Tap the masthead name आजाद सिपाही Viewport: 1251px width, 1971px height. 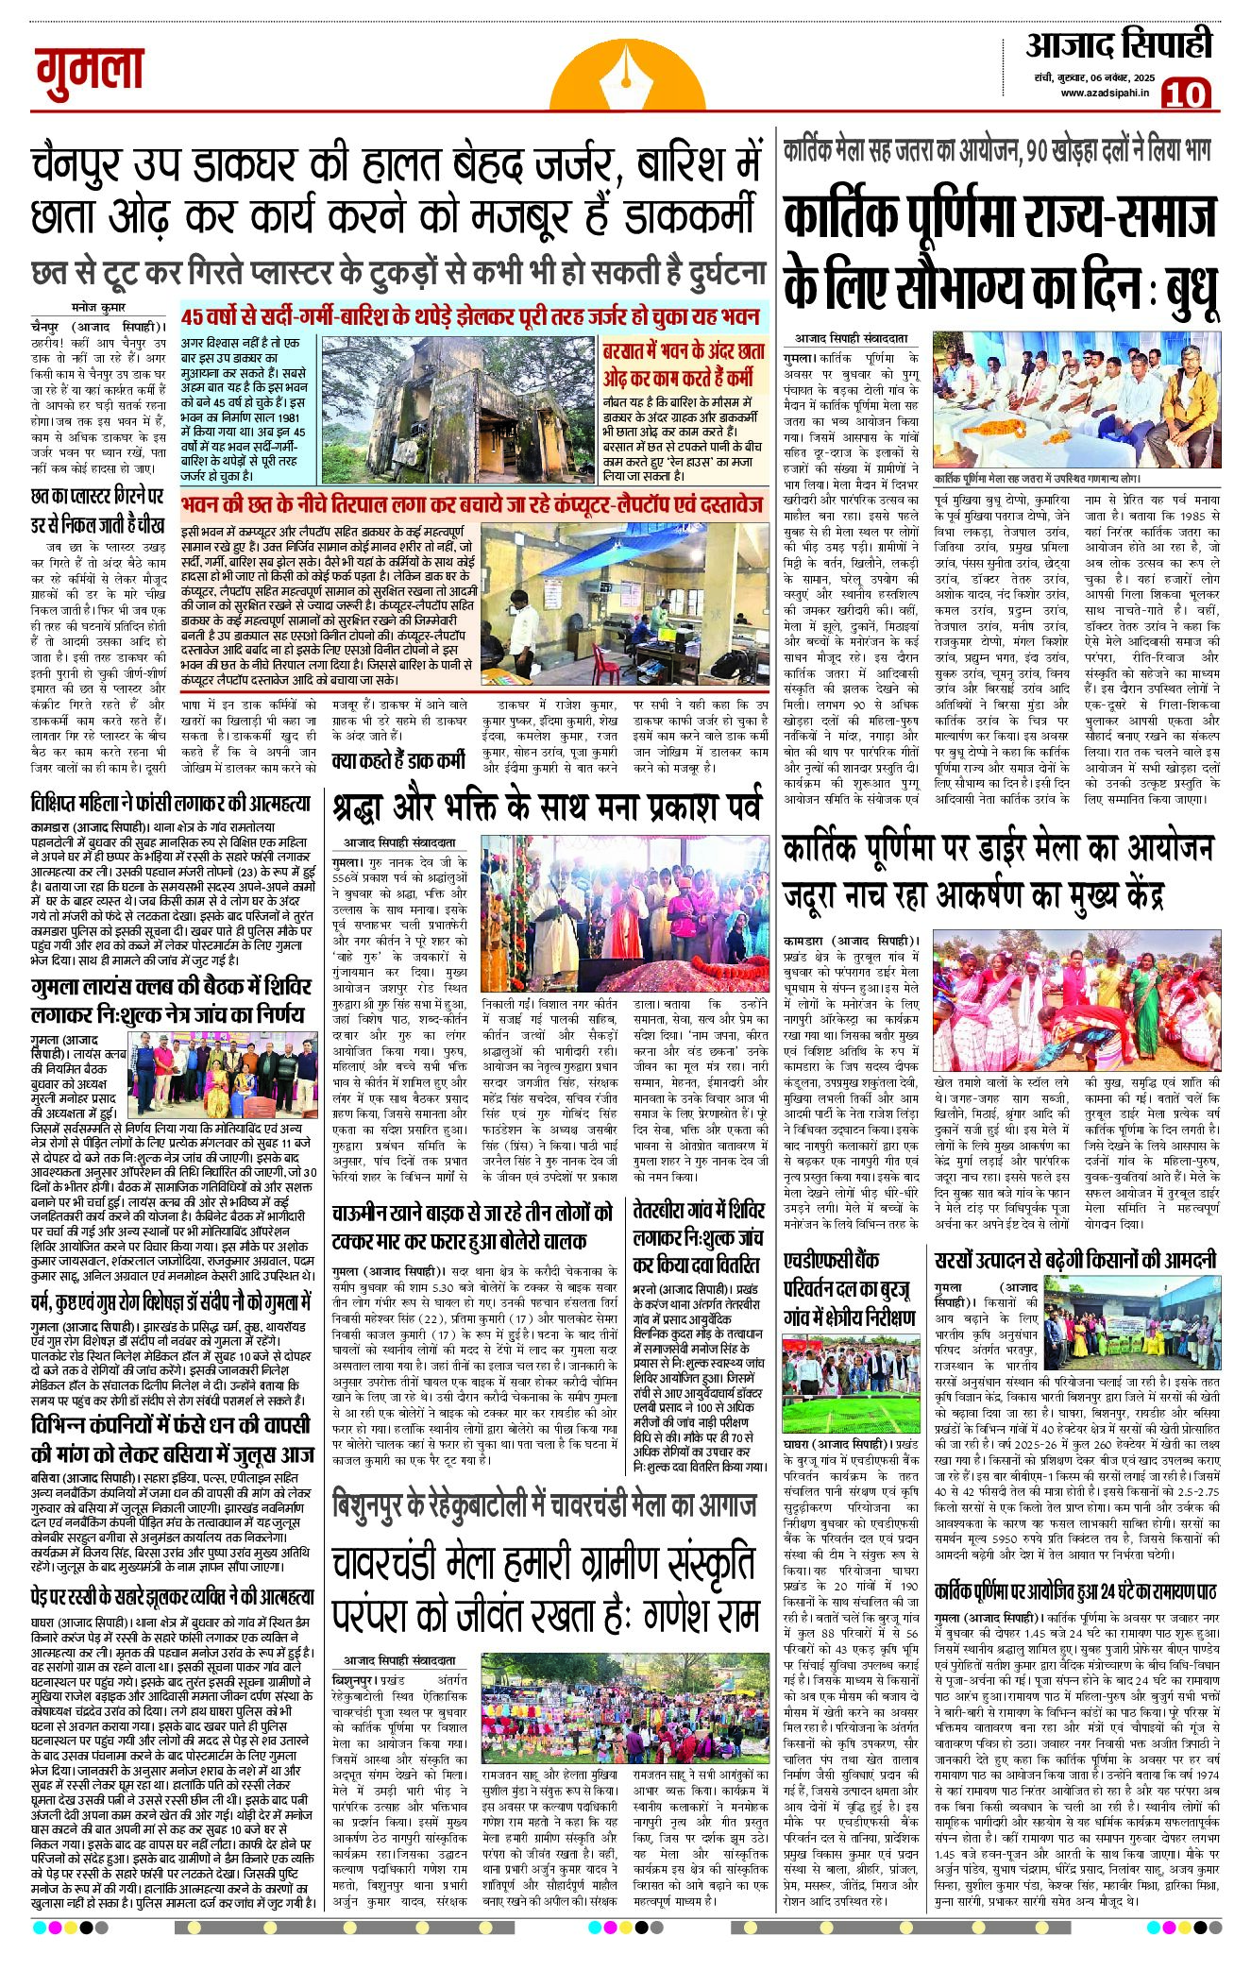tap(1118, 45)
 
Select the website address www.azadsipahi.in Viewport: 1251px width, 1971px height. tap(1104, 93)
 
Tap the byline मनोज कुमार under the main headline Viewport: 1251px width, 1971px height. tap(98, 307)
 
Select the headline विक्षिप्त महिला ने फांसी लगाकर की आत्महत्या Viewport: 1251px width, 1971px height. tap(170, 805)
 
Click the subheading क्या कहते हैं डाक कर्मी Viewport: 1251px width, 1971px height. tap(398, 760)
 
